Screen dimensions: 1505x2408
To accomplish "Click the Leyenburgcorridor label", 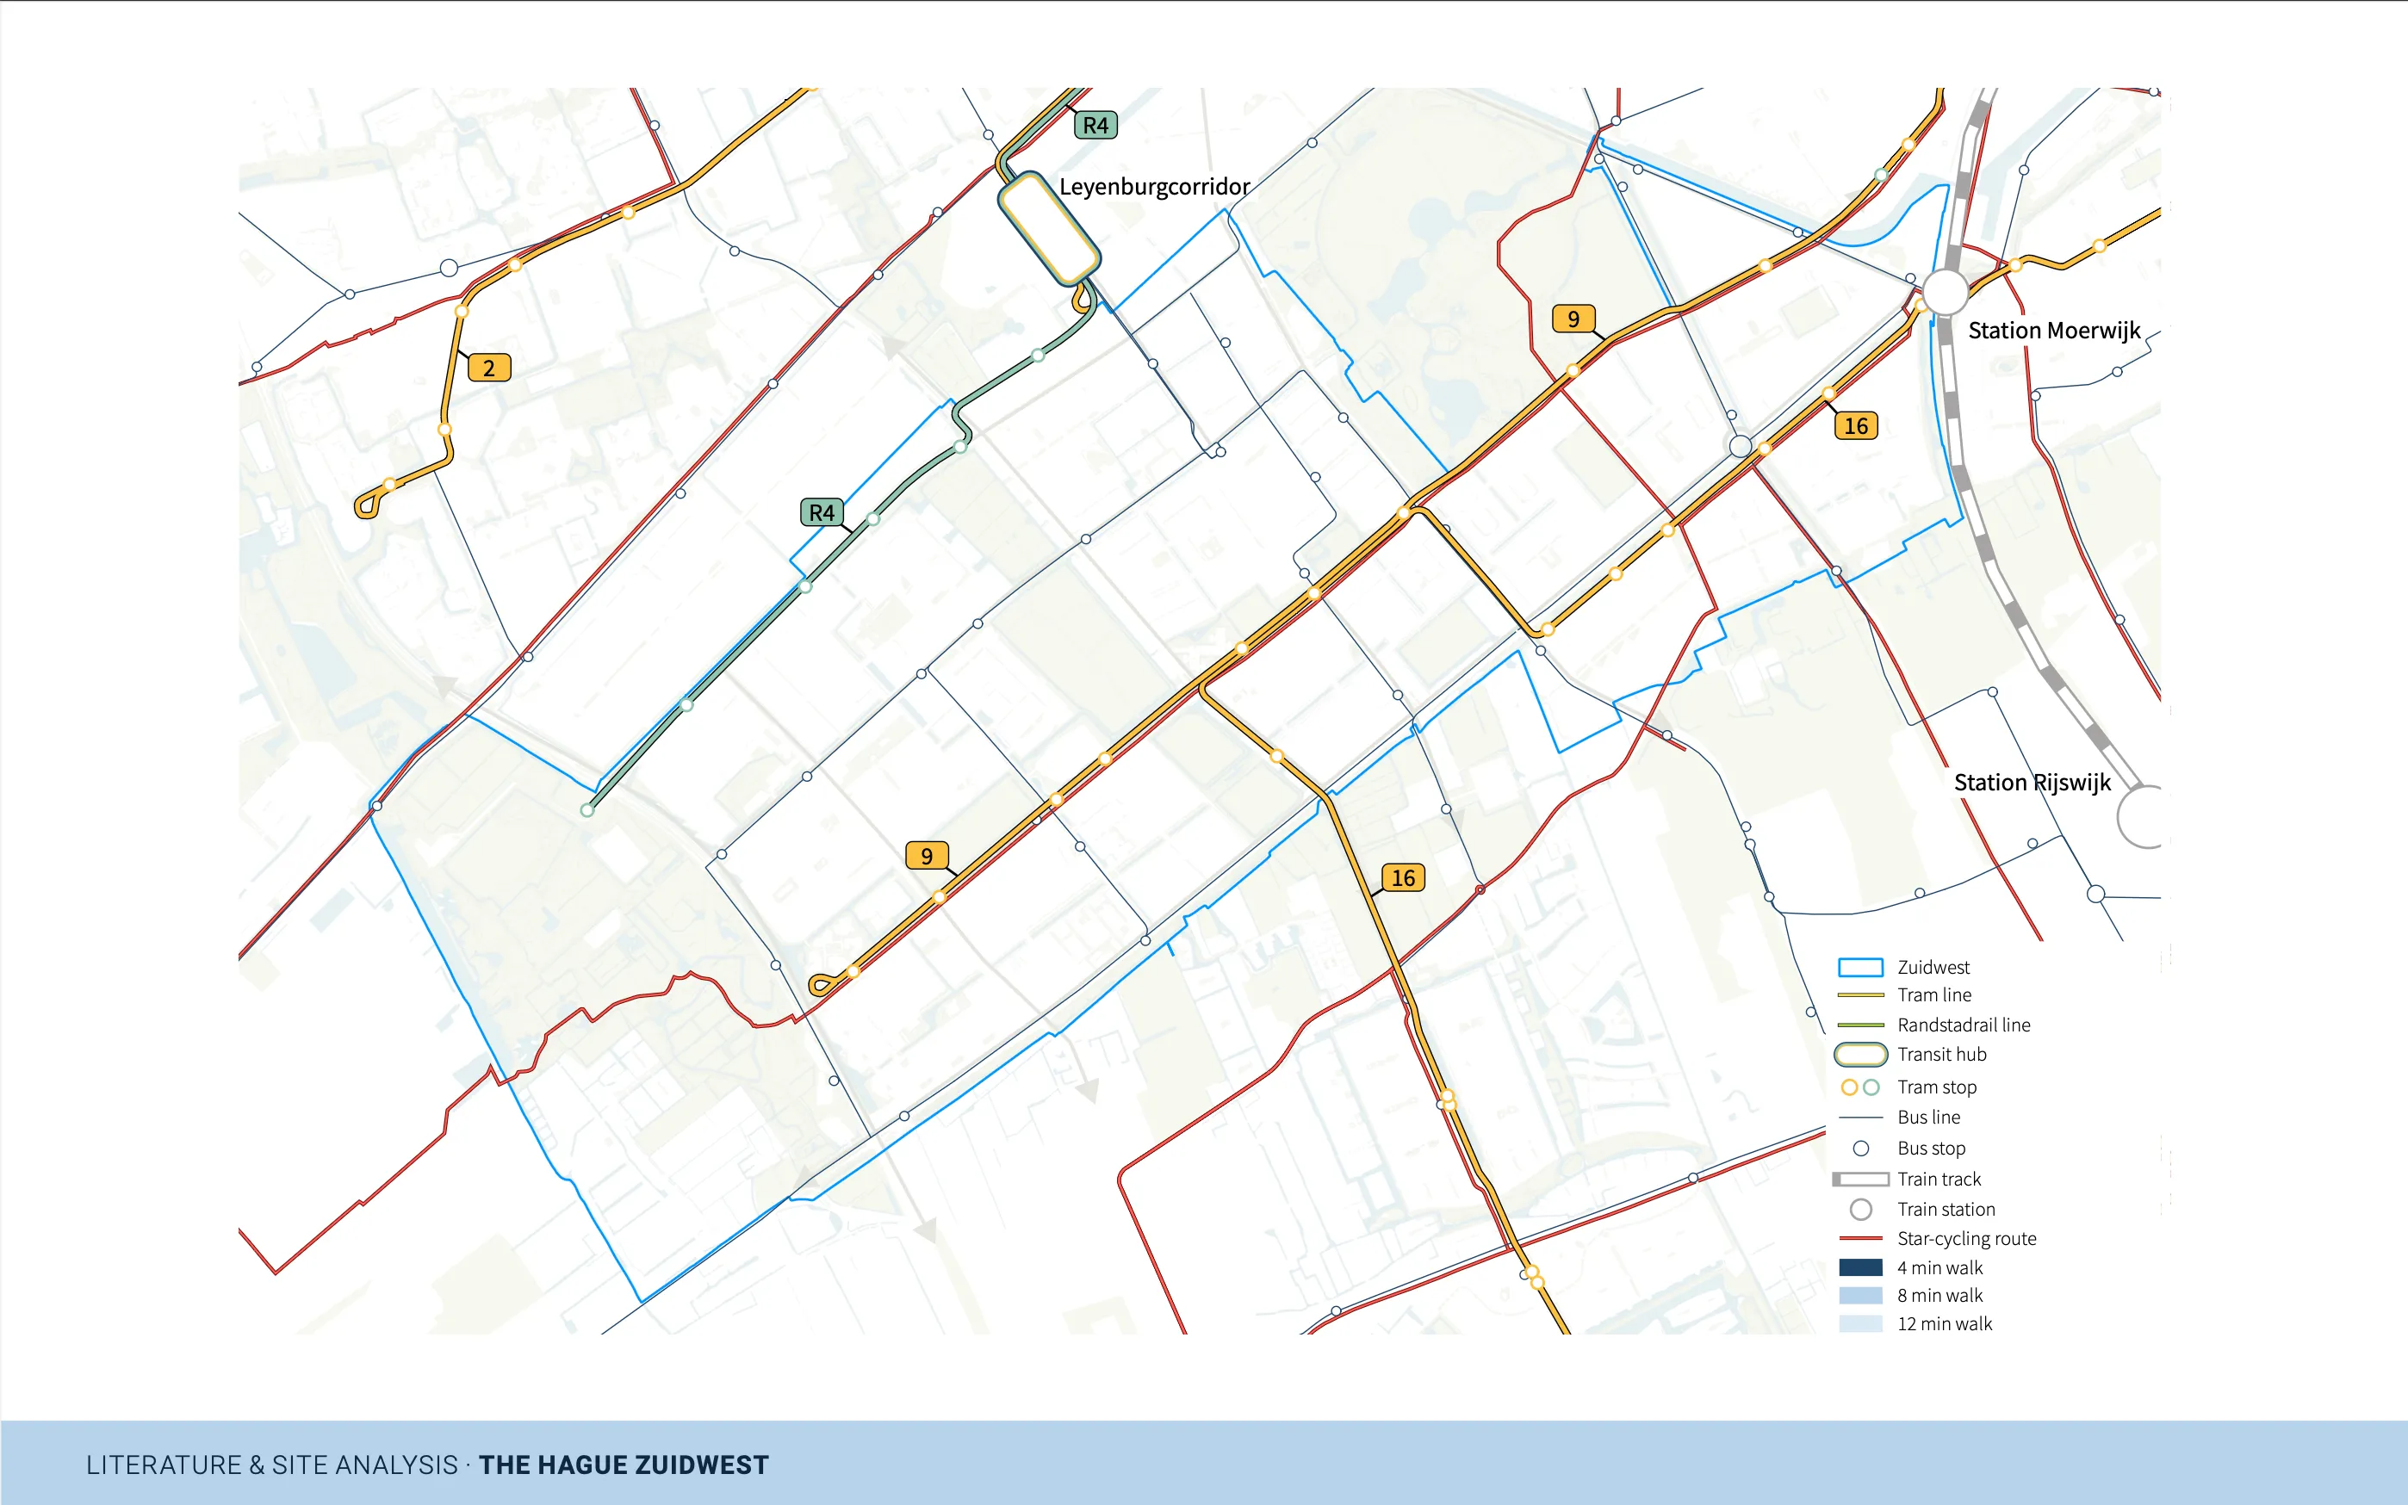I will pyautogui.click(x=1154, y=187).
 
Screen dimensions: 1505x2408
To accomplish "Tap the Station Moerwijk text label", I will pyautogui.click(x=2054, y=331).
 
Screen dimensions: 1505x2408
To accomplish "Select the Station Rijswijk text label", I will pyautogui.click(x=2032, y=783).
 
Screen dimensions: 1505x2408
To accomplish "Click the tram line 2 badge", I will pyautogui.click(x=489, y=369).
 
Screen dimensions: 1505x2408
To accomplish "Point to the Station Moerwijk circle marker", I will pyautogui.click(x=1944, y=292).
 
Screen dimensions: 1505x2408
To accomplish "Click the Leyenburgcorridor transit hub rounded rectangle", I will pyautogui.click(x=1048, y=228).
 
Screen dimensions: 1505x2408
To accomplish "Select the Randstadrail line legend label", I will pyautogui.click(x=1963, y=1025).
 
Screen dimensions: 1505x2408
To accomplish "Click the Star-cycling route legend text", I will pyautogui.click(x=1966, y=1238).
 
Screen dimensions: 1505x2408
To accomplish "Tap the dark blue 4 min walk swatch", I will pyautogui.click(x=1859, y=1268).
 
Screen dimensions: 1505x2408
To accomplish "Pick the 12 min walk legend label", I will pyautogui.click(x=1944, y=1324).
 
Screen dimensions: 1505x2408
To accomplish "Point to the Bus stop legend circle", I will pyautogui.click(x=1860, y=1149).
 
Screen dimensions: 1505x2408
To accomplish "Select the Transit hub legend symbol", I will pyautogui.click(x=1859, y=1055).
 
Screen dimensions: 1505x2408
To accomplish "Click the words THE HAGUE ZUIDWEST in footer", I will pyautogui.click(x=624, y=1465).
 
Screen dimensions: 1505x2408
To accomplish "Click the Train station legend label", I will pyautogui.click(x=1946, y=1210).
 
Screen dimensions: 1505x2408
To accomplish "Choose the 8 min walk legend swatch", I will pyautogui.click(x=1859, y=1296).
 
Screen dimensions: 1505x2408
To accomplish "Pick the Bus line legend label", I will pyautogui.click(x=1928, y=1118).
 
